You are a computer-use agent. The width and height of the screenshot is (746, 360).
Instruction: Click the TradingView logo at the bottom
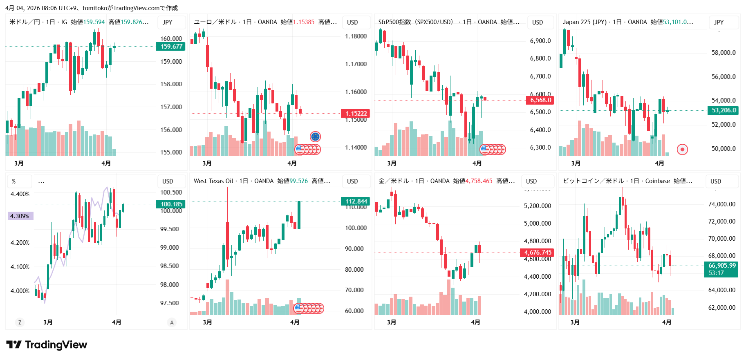coord(47,345)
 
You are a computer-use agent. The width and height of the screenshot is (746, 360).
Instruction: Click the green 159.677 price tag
coord(171,47)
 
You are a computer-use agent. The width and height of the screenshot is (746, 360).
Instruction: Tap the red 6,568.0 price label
coord(540,100)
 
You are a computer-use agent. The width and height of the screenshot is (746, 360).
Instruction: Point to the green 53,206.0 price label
coord(724,110)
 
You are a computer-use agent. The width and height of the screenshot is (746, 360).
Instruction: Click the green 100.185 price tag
coord(171,204)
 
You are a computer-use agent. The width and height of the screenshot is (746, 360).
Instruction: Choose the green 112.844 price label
coord(356,201)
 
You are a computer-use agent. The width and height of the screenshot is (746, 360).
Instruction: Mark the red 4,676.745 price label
coord(538,253)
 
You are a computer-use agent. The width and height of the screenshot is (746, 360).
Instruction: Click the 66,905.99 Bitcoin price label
coord(721,266)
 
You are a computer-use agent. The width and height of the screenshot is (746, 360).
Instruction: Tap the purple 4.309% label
coord(20,216)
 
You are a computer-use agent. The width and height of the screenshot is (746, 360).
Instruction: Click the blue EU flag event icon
coord(315,136)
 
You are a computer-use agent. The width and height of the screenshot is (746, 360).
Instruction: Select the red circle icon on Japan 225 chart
coord(682,150)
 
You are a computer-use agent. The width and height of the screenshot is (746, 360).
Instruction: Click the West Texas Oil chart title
coord(213,181)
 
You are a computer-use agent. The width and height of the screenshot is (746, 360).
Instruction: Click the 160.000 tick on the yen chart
coord(171,39)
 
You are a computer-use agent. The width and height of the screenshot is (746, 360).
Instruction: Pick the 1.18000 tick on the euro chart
coord(356,36)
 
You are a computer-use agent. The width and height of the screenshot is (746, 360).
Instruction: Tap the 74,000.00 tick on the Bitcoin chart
coord(721,204)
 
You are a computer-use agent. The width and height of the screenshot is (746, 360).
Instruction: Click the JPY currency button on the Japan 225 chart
coord(719,22)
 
